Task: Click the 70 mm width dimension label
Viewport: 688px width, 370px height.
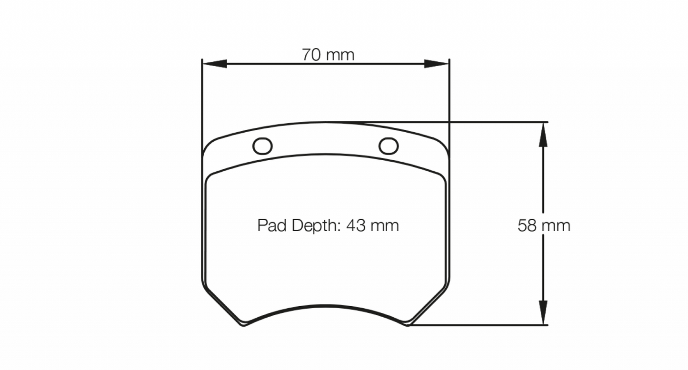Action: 328,55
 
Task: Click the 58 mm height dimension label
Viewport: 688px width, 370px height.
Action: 544,225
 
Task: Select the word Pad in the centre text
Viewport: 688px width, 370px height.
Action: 272,225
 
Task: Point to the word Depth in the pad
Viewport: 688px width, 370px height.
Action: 314,225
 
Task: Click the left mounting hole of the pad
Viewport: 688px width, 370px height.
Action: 262,146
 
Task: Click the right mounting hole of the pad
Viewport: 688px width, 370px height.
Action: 389,146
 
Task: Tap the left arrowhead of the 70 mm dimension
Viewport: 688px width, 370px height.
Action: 214,64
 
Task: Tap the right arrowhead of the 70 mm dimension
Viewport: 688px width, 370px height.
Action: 437,64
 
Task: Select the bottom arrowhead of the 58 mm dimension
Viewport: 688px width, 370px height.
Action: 543,313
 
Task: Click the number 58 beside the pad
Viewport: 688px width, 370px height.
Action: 527,225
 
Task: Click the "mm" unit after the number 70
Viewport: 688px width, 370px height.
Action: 340,55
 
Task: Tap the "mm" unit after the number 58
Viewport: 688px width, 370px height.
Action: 556,225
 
